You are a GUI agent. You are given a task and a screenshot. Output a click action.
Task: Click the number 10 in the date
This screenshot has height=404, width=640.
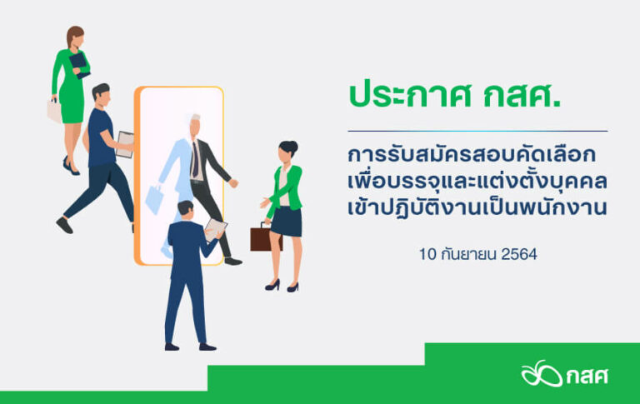click(427, 254)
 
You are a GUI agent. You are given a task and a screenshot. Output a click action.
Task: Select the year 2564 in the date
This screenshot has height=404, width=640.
click(519, 254)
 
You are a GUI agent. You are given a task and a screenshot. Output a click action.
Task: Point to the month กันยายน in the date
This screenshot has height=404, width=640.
click(468, 254)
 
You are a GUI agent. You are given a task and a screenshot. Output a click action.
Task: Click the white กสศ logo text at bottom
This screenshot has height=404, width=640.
click(587, 376)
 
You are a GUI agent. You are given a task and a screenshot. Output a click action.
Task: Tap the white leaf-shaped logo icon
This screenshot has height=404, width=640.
click(542, 373)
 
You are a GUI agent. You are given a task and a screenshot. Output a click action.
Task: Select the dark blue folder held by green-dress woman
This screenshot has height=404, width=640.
click(79, 65)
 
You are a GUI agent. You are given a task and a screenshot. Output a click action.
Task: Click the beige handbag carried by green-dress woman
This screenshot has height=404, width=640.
click(54, 111)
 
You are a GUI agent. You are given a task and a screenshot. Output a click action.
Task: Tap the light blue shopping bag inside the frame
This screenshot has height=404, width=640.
click(154, 199)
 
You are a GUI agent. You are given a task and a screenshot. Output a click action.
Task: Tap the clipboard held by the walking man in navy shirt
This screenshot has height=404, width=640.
click(125, 144)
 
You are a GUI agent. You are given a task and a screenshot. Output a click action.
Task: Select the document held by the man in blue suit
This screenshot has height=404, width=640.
click(215, 229)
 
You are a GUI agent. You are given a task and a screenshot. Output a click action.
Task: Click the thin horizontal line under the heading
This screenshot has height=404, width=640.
click(477, 131)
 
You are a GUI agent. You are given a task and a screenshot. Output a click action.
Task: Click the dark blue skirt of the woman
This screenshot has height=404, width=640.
click(286, 222)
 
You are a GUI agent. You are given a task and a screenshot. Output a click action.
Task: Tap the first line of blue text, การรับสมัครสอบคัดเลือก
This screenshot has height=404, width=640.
click(472, 155)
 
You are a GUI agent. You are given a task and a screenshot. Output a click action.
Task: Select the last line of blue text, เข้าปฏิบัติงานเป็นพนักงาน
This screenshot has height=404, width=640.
click(477, 207)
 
